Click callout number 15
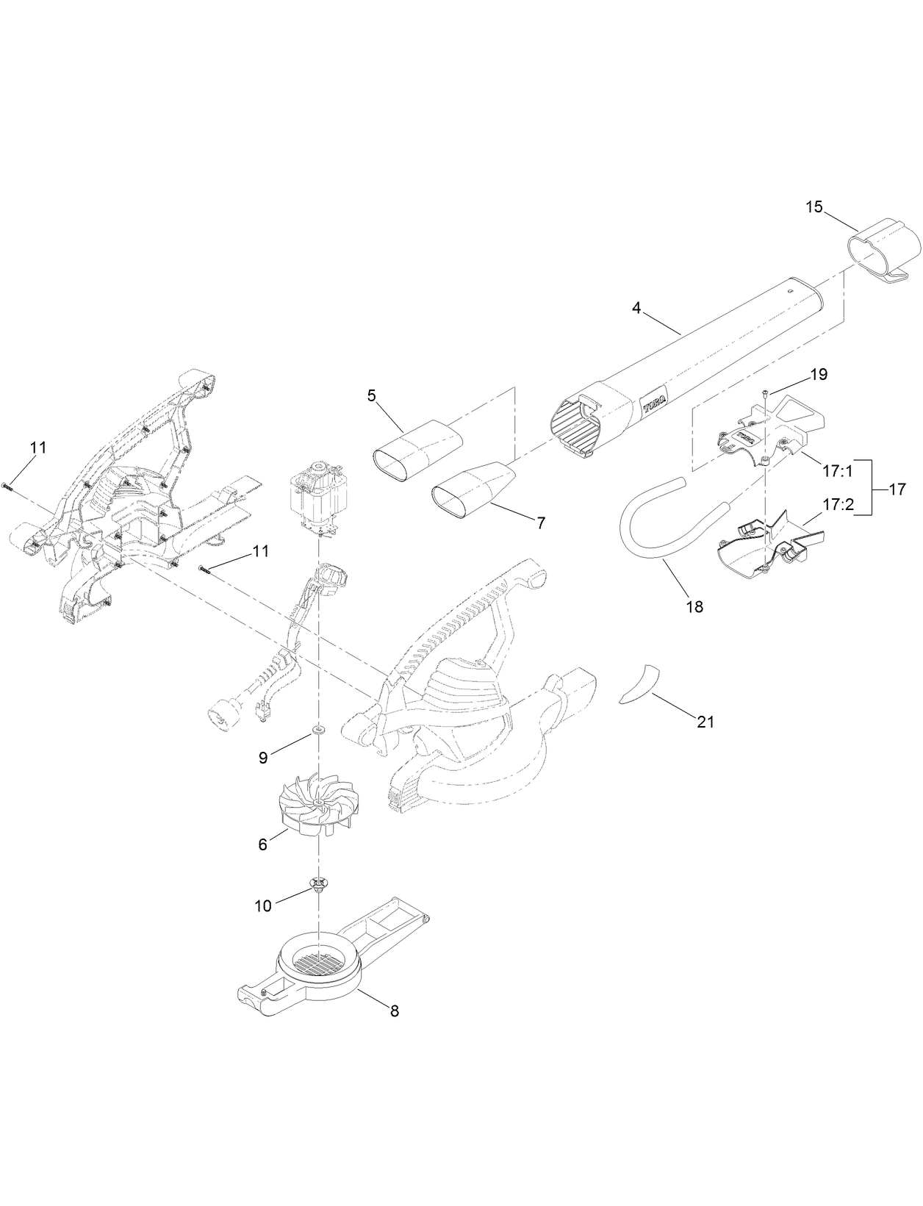(814, 207)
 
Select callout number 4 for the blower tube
(637, 309)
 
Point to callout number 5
(372, 396)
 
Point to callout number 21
(705, 722)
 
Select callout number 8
(395, 1011)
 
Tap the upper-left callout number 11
(38, 447)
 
